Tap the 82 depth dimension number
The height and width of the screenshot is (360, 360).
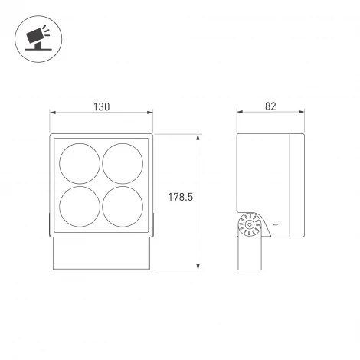269,106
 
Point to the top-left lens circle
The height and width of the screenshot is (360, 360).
80,162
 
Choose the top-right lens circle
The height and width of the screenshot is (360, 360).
123,162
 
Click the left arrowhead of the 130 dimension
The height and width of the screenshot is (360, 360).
53,113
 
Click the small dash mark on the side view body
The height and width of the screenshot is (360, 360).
277,224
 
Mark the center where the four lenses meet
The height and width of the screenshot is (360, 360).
101,184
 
